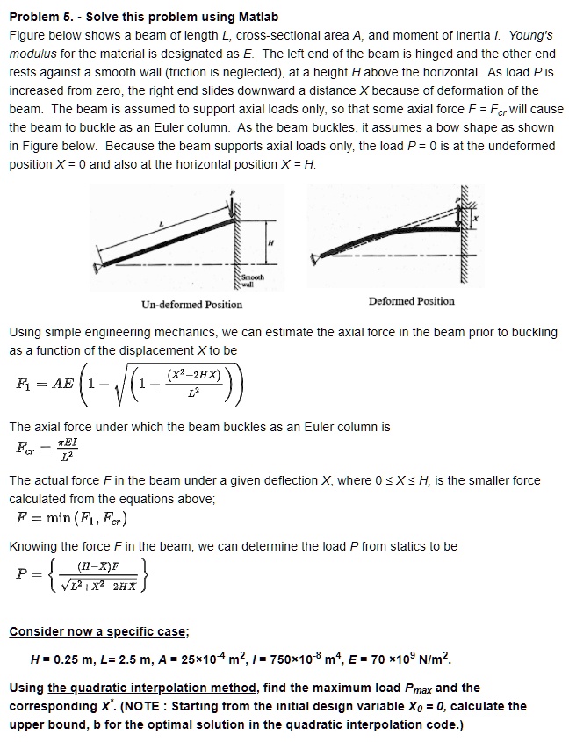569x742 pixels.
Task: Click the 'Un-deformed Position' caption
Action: click(191, 305)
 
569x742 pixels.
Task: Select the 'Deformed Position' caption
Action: click(412, 301)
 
